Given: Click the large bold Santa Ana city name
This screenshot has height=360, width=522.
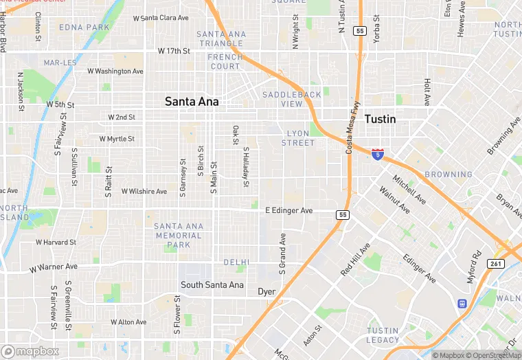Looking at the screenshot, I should (x=192, y=102).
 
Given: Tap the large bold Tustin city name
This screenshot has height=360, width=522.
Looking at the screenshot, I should (x=380, y=119).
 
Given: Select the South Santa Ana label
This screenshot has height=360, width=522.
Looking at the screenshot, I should (x=212, y=284).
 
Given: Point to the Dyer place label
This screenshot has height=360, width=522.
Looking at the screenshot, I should (x=266, y=292).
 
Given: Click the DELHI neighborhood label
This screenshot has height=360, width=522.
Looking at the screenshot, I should (x=236, y=262).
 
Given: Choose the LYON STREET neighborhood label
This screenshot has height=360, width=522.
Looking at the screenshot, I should (x=298, y=138).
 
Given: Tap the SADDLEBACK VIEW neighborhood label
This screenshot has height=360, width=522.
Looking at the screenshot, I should (x=292, y=99).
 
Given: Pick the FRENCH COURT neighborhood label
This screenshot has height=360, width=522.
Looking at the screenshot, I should (x=225, y=62).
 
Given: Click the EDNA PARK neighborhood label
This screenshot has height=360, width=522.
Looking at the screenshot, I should (x=84, y=27).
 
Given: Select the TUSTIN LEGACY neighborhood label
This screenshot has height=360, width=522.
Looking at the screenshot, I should (x=383, y=335).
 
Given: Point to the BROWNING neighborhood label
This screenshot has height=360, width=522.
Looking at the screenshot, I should (x=448, y=175).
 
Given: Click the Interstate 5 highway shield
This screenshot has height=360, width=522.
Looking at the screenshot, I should (x=377, y=154).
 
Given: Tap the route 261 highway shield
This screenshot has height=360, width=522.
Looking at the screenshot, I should (x=497, y=263).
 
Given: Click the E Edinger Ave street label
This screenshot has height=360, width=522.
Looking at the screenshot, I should (x=289, y=210).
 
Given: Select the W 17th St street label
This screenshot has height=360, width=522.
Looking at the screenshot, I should (x=173, y=51).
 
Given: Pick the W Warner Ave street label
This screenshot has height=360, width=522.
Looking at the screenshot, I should (x=54, y=267).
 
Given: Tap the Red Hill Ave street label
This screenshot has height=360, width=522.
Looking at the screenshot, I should (x=356, y=260).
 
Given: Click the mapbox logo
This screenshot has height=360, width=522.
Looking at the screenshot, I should (x=32, y=351).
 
